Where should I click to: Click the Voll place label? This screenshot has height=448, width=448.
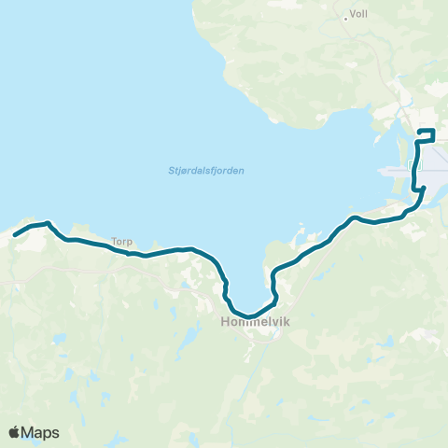(359, 16)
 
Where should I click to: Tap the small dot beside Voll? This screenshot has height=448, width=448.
(346, 16)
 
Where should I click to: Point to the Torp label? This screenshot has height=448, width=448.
(122, 240)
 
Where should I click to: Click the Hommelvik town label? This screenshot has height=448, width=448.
(251, 323)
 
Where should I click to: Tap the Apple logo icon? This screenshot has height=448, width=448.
(14, 432)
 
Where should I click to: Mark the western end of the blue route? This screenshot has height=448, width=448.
(15, 234)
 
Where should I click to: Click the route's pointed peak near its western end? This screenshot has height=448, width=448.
(48, 222)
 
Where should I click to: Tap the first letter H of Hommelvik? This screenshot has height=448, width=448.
(227, 323)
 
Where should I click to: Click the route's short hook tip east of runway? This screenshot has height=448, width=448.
(425, 188)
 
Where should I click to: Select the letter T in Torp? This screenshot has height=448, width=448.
(114, 240)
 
